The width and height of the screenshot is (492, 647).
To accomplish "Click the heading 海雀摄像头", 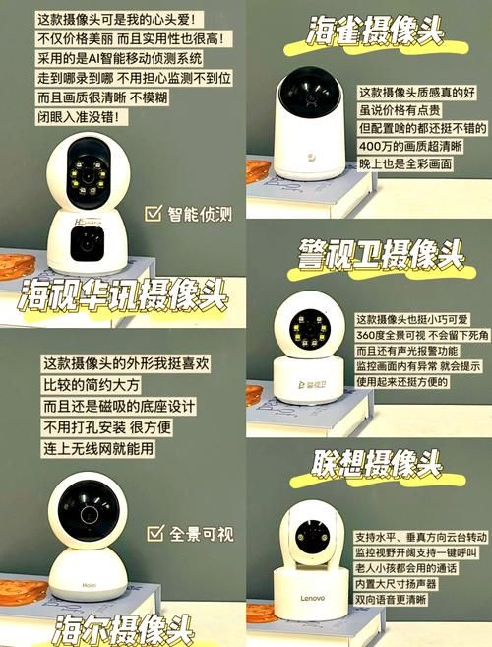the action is [x=375, y=31].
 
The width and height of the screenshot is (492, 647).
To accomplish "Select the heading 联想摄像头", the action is [x=376, y=464].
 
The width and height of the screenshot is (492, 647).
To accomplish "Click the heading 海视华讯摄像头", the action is [x=122, y=295].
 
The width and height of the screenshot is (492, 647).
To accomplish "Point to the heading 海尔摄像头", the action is [x=123, y=630].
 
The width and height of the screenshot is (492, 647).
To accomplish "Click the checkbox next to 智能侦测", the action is [x=153, y=213].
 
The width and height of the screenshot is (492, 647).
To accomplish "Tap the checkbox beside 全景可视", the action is [x=155, y=533].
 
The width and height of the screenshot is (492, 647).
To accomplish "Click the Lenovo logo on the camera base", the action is [x=312, y=598].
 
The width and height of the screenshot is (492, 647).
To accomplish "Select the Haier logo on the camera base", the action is [x=90, y=585].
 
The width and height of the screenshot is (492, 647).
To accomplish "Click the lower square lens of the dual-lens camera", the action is [x=87, y=244].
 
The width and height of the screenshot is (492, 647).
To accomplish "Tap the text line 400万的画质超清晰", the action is [x=410, y=146].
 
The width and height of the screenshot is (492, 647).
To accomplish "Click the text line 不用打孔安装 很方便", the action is [x=107, y=427].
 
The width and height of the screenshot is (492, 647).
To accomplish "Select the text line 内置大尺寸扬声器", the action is [x=396, y=584].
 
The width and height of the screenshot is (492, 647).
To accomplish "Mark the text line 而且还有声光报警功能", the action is [x=407, y=351].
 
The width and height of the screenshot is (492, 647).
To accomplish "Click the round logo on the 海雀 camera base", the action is [x=311, y=158].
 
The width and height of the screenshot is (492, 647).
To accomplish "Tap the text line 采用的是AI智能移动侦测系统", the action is [x=120, y=58].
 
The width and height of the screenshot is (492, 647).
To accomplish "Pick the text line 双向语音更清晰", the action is [x=391, y=599].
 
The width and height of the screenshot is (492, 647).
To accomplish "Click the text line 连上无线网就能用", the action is [x=98, y=448].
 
